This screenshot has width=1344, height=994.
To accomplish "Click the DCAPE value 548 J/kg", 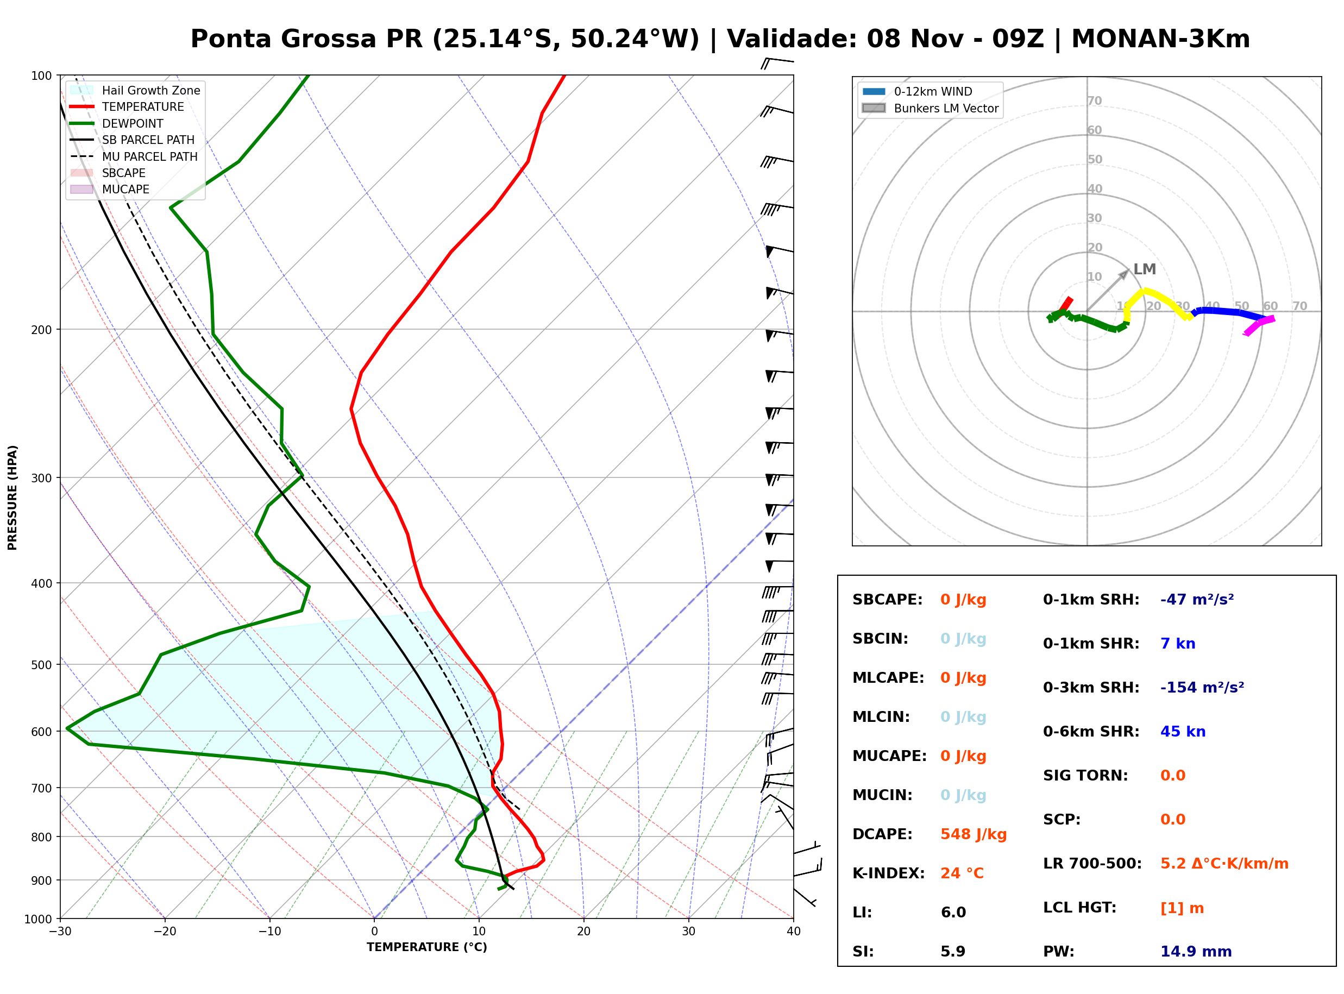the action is click(974, 834).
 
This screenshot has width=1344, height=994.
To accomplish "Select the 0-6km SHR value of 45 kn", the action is click(1183, 732).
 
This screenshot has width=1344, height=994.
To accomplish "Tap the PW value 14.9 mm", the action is click(1196, 952).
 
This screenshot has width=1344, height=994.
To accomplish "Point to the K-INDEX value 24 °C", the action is click(962, 873).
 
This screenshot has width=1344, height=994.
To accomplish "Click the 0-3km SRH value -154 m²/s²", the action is click(1202, 687).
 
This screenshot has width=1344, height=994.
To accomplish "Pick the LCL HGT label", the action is click(1079, 908).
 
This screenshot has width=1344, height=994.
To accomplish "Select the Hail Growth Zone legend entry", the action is click(135, 90).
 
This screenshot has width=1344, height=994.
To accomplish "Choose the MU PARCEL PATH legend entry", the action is click(134, 156).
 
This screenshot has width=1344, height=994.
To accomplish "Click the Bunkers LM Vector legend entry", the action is click(930, 108).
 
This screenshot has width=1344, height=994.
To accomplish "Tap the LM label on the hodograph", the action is click(1144, 269).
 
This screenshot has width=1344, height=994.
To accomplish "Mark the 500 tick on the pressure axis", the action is click(41, 665).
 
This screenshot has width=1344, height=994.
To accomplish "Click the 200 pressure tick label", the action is click(41, 330).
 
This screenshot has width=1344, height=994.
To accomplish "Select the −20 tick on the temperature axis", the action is click(164, 932).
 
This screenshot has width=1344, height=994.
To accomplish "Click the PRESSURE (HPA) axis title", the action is click(12, 498).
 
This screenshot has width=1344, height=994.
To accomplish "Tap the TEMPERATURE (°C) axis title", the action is click(426, 948).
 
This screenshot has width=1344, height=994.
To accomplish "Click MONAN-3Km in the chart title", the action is click(1160, 39).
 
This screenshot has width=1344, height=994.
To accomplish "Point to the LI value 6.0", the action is click(953, 913).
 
